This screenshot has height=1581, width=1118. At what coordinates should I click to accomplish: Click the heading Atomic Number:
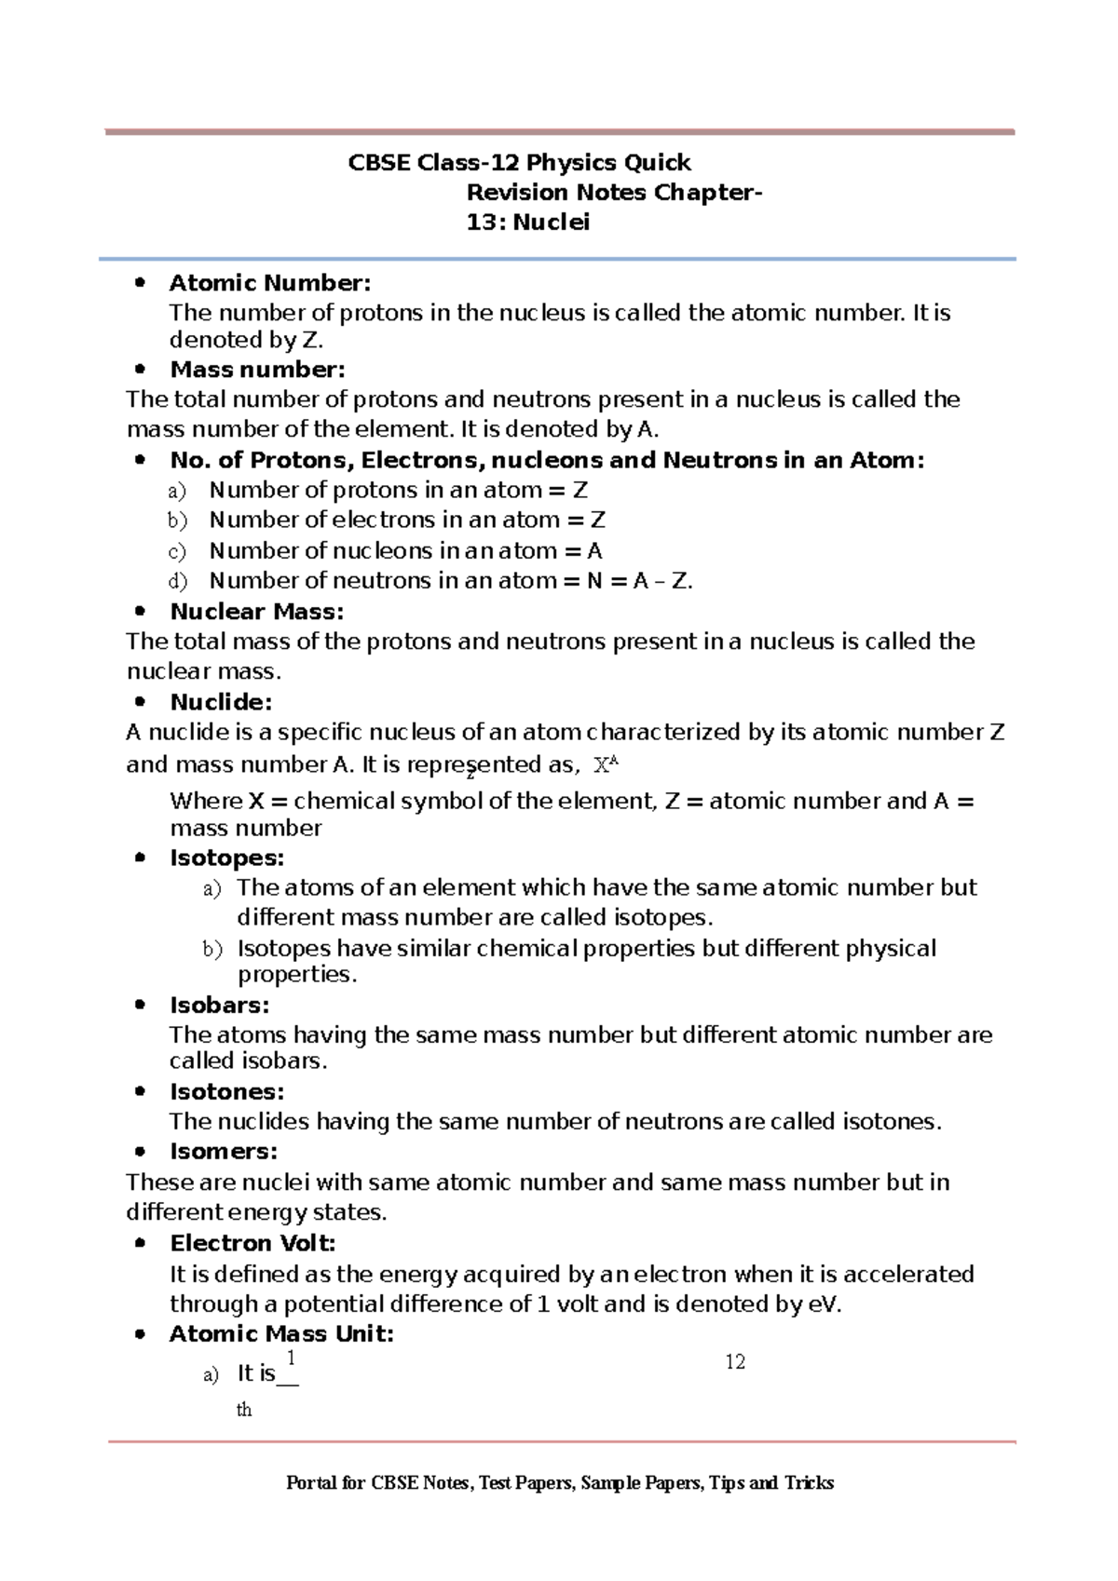pos(269,283)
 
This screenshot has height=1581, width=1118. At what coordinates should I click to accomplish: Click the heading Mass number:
pos(257,370)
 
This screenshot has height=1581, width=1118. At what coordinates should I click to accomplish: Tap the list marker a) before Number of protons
pos(177,491)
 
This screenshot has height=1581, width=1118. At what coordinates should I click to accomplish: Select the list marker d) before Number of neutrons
pos(177,582)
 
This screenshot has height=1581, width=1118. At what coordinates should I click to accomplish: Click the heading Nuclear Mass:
pos(257,612)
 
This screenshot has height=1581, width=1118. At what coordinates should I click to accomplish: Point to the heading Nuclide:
pos(221,702)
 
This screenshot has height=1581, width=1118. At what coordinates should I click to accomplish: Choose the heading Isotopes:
pos(226,858)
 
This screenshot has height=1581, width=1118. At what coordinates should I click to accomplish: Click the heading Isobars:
pos(219,1006)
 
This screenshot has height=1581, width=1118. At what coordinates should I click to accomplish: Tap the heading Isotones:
pos(226,1091)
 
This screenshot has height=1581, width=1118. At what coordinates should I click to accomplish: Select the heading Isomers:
pos(224,1152)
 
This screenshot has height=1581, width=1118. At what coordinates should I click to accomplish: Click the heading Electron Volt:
pos(252,1243)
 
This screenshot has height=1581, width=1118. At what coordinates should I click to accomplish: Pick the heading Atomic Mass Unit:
pos(281,1334)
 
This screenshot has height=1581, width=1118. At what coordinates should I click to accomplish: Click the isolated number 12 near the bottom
pos(735,1362)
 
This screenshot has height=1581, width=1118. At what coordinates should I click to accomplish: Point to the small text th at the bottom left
pos(244,1410)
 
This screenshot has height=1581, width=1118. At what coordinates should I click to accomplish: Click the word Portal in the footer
pos(311,1483)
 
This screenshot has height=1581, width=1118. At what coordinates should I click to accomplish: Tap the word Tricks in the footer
pos(809,1483)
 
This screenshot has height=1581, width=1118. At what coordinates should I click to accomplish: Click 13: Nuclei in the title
pos(527,223)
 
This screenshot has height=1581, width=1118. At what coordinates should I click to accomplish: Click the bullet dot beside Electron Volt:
pos(141,1243)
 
